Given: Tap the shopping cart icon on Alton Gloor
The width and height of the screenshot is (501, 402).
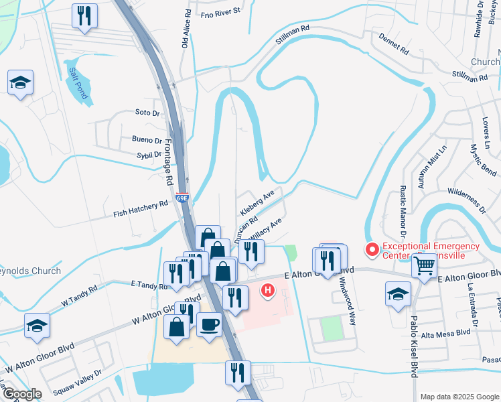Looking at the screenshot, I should pyautogui.click(x=425, y=266).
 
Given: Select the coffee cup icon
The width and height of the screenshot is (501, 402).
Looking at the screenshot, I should pyautogui.click(x=210, y=325).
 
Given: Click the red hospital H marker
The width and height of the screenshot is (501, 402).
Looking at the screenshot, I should pyautogui.click(x=268, y=291).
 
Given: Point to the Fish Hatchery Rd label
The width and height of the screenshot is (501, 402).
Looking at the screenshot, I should pyautogui.click(x=141, y=208).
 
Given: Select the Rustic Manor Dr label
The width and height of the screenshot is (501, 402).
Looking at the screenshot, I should pyautogui.click(x=403, y=211).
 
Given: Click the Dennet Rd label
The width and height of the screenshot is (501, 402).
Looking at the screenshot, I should pyautogui.click(x=394, y=46).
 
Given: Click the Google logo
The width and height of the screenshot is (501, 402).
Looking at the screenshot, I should pyautogui.click(x=22, y=394).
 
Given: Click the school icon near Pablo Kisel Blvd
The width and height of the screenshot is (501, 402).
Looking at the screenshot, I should pyautogui.click(x=398, y=294).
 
